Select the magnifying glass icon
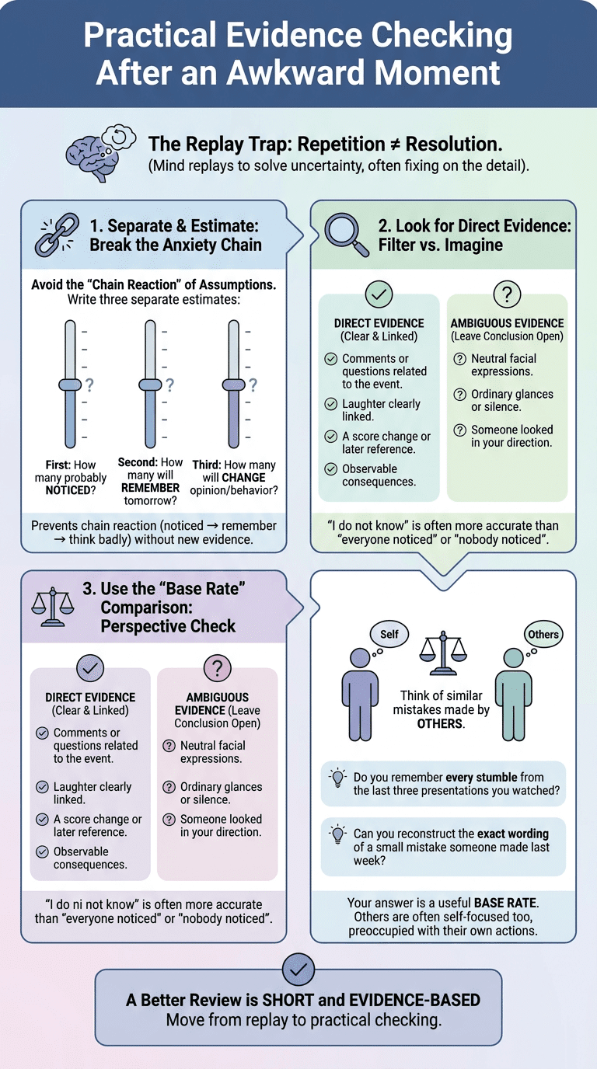346,235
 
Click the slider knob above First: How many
70,385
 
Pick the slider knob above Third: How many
233,385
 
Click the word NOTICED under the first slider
68,490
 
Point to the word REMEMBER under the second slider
151,488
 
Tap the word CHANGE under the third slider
247,477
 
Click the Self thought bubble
389,634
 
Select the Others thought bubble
543,634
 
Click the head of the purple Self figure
360,657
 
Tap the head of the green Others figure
513,657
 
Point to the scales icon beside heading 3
53,607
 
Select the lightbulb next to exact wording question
337,834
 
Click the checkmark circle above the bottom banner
298,970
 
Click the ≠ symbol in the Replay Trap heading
395,145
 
